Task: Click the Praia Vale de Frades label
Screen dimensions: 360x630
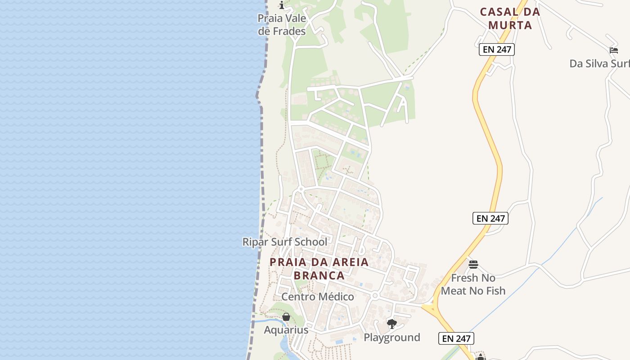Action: click(282, 25)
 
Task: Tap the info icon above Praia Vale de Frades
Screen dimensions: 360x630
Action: click(282, 5)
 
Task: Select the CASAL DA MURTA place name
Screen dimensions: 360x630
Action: click(510, 18)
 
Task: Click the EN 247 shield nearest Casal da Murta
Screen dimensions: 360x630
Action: click(497, 49)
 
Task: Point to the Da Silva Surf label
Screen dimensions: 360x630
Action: click(599, 63)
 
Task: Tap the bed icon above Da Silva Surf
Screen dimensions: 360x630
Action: click(614, 50)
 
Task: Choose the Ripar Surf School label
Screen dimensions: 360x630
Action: click(285, 242)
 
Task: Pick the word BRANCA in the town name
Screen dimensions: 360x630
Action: click(319, 275)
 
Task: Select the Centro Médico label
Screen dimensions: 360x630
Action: click(318, 297)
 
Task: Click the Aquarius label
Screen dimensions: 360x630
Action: click(286, 330)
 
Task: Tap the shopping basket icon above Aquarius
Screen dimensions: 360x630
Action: click(286, 317)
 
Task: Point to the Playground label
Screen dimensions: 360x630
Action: click(392, 337)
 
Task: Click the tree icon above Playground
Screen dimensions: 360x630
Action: click(392, 324)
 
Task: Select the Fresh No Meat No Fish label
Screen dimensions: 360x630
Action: click(473, 284)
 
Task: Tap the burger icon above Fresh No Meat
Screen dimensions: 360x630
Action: click(473, 264)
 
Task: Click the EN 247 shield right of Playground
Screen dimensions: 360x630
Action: click(456, 338)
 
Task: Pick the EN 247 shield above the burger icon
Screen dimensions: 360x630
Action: click(490, 218)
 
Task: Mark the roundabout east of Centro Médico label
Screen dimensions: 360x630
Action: click(375, 296)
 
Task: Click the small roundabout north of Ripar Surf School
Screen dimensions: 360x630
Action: click(301, 189)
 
